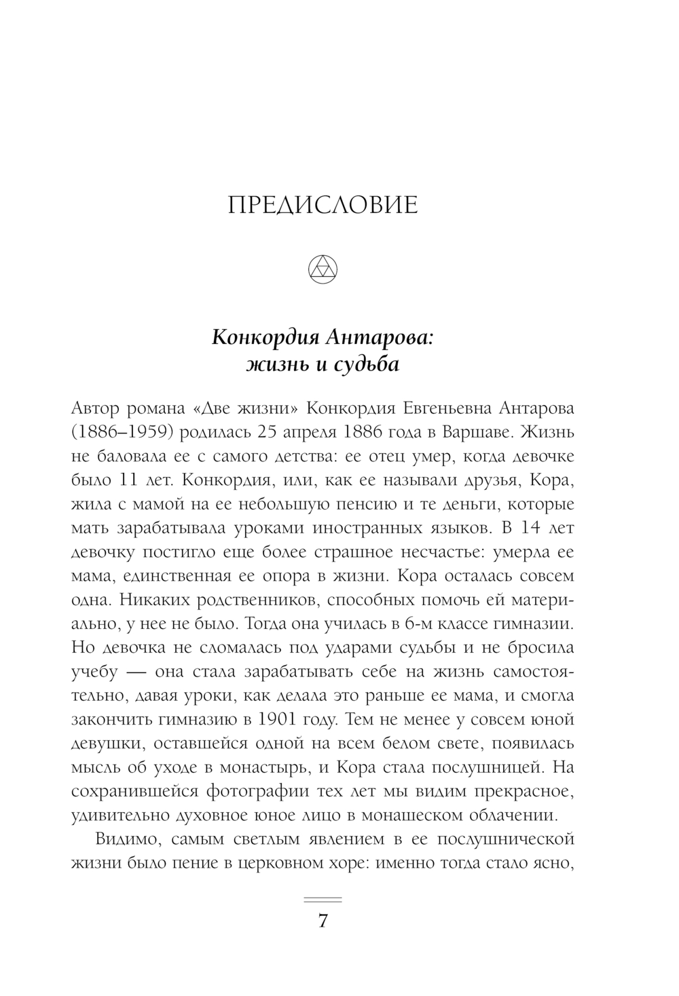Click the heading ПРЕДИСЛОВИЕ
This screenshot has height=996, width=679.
click(323, 205)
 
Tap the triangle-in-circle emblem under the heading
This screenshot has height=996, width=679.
click(323, 270)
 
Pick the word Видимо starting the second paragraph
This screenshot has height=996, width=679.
click(127, 839)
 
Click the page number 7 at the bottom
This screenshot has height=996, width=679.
click(323, 921)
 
